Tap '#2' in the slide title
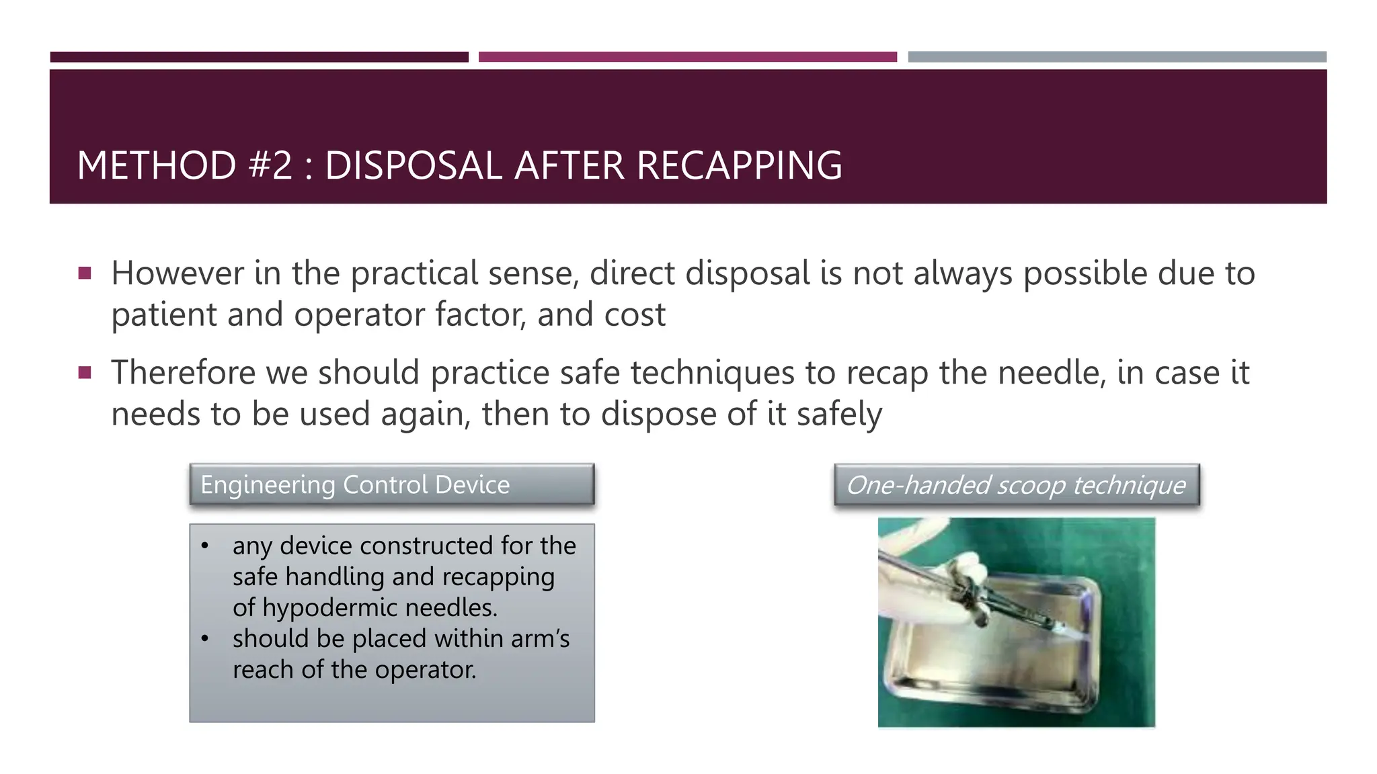(x=270, y=165)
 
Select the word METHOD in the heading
(x=156, y=165)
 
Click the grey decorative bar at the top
(x=1117, y=57)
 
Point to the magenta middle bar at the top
(x=687, y=57)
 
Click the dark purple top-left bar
(x=259, y=57)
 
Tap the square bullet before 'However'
(x=85, y=273)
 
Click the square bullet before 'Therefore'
(x=85, y=372)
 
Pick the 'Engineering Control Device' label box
(x=392, y=484)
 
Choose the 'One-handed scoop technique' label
(x=1016, y=484)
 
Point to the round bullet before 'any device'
(x=205, y=546)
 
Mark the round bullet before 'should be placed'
(x=205, y=638)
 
